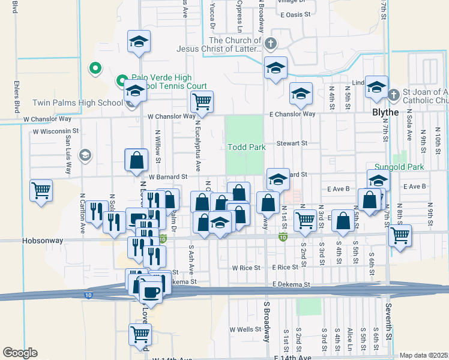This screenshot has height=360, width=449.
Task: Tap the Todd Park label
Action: pyautogui.click(x=246, y=147)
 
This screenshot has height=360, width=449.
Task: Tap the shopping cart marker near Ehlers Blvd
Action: pyautogui.click(x=41, y=191)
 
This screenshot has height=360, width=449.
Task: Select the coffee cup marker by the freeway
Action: pyautogui.click(x=150, y=292)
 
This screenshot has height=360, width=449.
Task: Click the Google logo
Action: pyautogui.click(x=20, y=352)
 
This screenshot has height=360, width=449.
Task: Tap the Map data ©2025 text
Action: pyautogui.click(x=423, y=355)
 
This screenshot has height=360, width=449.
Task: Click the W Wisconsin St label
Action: pyautogui.click(x=56, y=131)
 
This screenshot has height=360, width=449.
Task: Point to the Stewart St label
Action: pyautogui.click(x=292, y=143)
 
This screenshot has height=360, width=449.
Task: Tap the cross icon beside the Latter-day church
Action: pyautogui.click(x=271, y=43)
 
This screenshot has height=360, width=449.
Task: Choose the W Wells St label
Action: pyautogui.click(x=246, y=329)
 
